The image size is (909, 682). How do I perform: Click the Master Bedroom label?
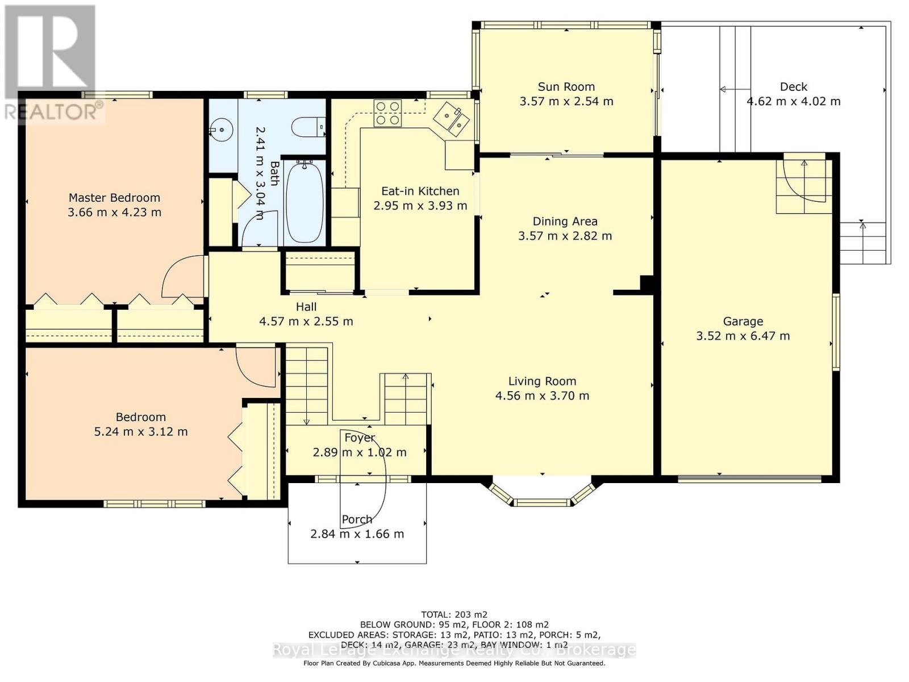click(x=114, y=198)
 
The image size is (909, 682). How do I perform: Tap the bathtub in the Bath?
click(x=305, y=202)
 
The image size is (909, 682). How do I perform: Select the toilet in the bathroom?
click(x=308, y=127)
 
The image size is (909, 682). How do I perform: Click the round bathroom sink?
click(x=221, y=130)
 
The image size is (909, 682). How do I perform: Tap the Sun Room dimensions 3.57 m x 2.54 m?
click(x=566, y=101)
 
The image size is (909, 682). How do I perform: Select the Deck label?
click(x=794, y=86)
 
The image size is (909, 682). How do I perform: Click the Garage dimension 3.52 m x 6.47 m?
click(x=743, y=335)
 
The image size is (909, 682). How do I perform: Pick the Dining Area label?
click(x=565, y=222)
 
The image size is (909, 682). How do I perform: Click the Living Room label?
click(x=542, y=381)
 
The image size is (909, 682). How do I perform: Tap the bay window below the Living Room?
click(x=542, y=493)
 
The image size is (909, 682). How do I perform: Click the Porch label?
click(x=357, y=519)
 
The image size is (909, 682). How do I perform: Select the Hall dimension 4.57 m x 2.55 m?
click(x=306, y=321)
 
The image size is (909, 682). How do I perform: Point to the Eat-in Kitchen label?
click(x=420, y=191)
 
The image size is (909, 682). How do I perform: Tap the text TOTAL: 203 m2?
click(x=454, y=614)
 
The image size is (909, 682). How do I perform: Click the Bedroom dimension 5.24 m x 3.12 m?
click(x=141, y=431)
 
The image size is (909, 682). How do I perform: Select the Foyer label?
click(x=360, y=437)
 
